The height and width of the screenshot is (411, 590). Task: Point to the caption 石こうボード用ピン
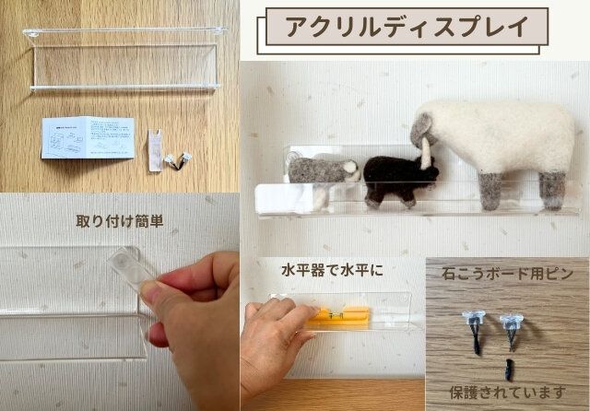507,273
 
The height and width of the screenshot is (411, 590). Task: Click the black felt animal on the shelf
394,179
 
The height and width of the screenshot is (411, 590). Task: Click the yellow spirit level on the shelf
341,318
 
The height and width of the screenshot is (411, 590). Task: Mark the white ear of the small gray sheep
351,167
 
